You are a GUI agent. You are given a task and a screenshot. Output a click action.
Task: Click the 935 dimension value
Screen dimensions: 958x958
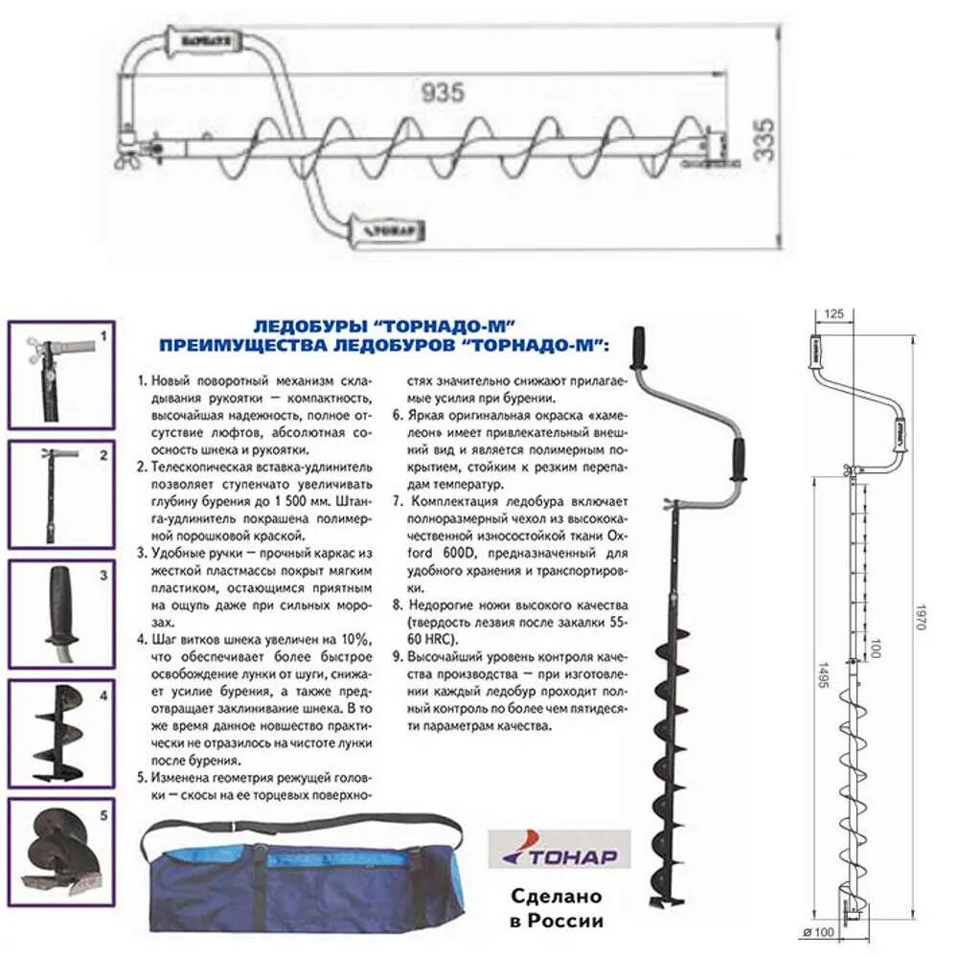443,92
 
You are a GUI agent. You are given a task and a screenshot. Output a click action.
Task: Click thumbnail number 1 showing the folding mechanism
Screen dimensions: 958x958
61,375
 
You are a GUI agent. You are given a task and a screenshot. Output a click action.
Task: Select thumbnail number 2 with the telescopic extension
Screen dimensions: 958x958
61,494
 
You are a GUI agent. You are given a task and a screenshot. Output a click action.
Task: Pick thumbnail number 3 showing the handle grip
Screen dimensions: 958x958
61,613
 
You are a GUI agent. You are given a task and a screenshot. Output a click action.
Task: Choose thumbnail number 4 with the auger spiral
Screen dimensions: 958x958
61,733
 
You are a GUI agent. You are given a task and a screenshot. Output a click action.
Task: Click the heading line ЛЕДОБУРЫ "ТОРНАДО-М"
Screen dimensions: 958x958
383,326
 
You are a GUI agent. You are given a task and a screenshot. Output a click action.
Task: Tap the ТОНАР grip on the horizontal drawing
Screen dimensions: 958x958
387,230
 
